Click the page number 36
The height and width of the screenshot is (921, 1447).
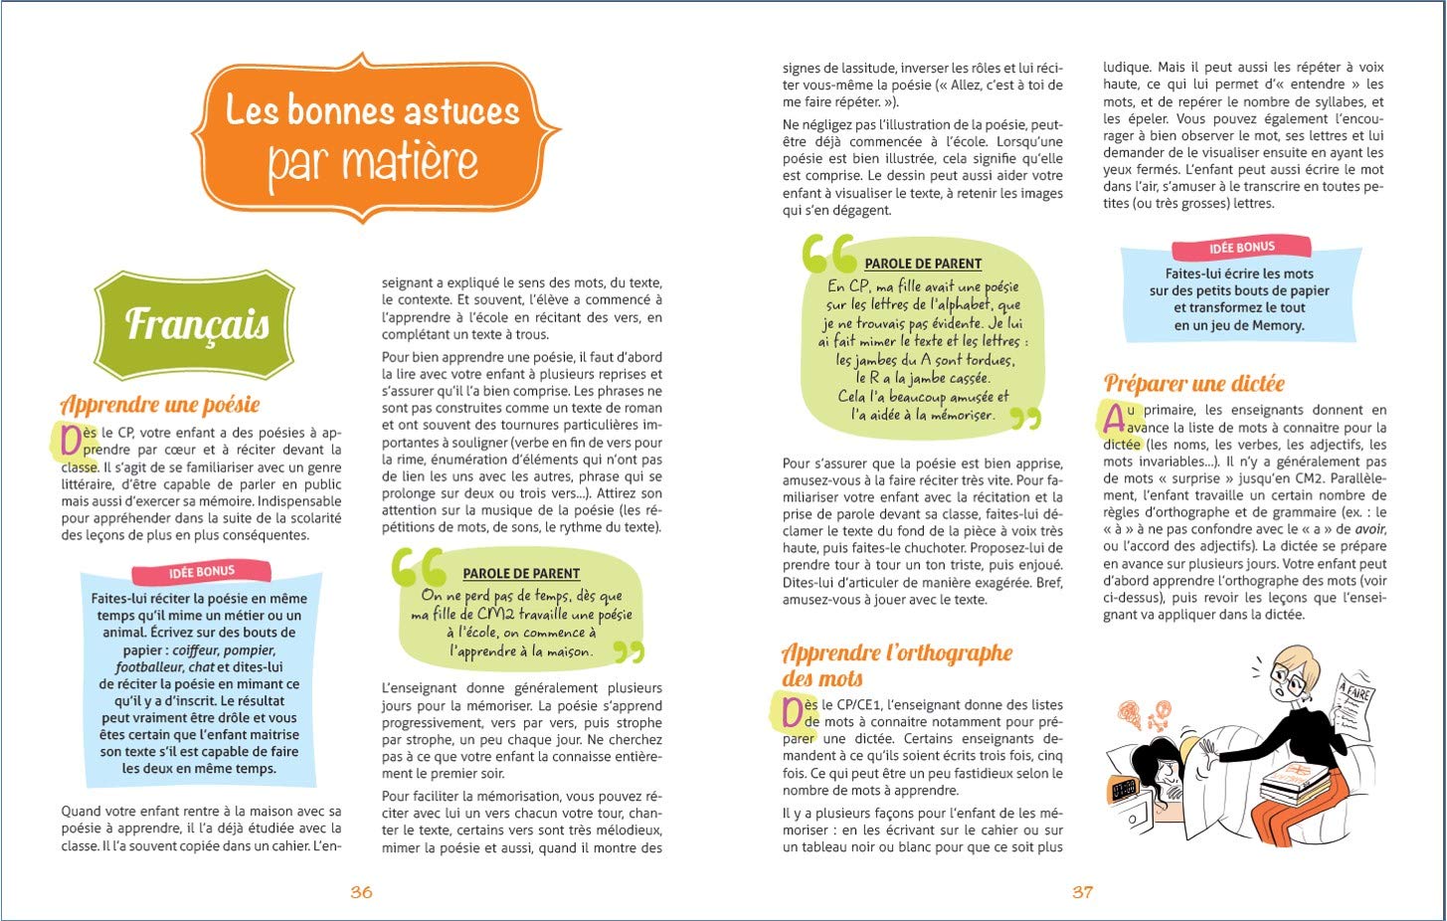(x=361, y=892)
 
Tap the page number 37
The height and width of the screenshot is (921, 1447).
(x=1082, y=892)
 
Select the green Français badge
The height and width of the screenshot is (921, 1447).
(x=196, y=324)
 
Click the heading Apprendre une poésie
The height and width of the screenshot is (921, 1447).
(x=160, y=405)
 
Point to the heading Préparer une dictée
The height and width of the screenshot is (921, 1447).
(x=1193, y=384)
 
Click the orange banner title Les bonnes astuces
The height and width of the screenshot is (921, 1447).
(x=372, y=110)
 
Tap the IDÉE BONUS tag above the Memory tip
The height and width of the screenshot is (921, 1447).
(x=1241, y=248)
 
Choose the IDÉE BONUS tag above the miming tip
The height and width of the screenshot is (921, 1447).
(x=202, y=572)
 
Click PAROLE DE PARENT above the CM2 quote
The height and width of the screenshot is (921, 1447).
(x=521, y=574)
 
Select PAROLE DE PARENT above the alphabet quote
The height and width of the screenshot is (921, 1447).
(x=923, y=264)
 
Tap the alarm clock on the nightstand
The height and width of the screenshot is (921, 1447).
(x=1126, y=791)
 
